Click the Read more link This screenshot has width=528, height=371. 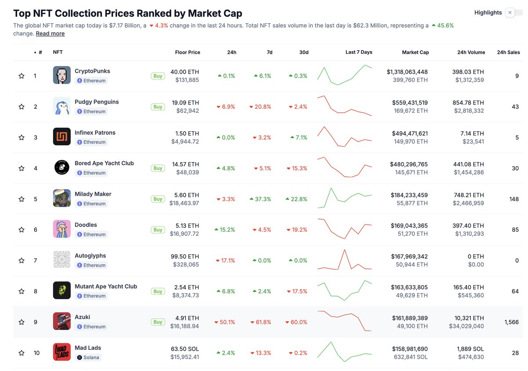point(50,34)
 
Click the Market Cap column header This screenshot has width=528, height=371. point(415,52)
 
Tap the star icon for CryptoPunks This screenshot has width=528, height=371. point(21,76)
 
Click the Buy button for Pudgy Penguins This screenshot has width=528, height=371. point(158,107)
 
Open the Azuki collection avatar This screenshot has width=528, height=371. point(62,321)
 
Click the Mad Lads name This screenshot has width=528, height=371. point(88,348)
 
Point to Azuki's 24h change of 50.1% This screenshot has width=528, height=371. point(225,322)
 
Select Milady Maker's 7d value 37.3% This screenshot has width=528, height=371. point(260,199)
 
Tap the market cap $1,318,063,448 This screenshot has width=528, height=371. point(407,72)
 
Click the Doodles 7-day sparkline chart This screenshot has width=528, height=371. point(345,229)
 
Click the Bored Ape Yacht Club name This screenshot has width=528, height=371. point(104,163)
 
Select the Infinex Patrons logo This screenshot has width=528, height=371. point(62,137)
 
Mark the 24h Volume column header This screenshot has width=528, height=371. point(471,52)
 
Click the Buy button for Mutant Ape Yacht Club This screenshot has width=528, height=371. point(158,291)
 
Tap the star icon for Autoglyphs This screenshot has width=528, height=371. point(21,260)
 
